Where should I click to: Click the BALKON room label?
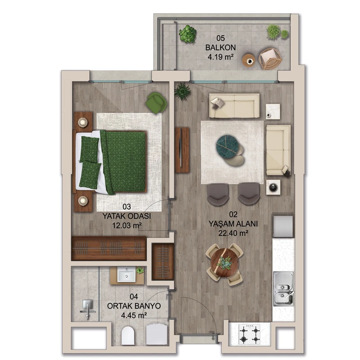click(x=220, y=48)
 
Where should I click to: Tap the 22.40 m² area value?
click(x=233, y=233)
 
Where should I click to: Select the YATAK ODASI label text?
click(x=126, y=216)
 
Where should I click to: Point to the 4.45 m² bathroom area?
click(x=134, y=315)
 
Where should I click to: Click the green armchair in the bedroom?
click(x=157, y=103)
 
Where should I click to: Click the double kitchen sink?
click(x=283, y=289)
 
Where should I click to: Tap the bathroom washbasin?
click(x=126, y=274)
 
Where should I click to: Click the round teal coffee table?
click(x=227, y=146)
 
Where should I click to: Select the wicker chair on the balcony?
click(x=270, y=58)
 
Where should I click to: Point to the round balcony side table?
click(x=249, y=60)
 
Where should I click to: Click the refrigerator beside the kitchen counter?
click(x=283, y=226)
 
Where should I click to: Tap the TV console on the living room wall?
click(x=182, y=150)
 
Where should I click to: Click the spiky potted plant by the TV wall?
click(x=183, y=91)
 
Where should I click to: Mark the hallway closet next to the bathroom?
click(x=163, y=262)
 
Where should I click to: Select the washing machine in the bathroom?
click(x=157, y=334)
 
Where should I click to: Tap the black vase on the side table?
click(x=273, y=187)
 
